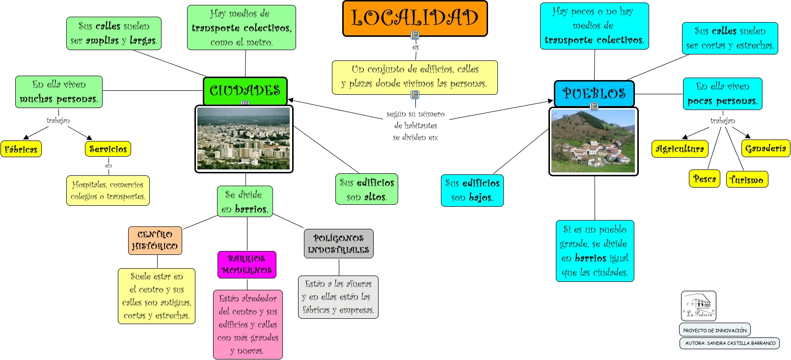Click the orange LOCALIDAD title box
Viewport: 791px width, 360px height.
point(415,18)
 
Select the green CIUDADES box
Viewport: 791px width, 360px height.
point(245,90)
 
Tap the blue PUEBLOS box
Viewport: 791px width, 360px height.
point(594,93)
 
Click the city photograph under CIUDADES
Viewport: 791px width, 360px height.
point(244,139)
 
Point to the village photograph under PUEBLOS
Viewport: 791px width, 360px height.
point(593,141)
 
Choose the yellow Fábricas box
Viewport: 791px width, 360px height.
point(21,149)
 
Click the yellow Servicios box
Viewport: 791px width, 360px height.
point(108,149)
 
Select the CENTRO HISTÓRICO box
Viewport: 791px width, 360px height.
point(155,241)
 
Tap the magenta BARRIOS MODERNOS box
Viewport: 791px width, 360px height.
point(247,265)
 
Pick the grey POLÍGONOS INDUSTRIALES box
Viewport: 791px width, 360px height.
point(339,244)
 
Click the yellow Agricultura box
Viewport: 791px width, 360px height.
point(680,149)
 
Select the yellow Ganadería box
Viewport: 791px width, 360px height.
point(765,148)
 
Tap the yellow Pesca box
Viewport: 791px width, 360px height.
point(705,179)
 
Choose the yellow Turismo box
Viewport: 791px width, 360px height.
point(747,180)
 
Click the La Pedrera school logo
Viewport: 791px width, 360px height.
point(698,306)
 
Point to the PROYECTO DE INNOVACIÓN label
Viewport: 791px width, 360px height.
point(715,330)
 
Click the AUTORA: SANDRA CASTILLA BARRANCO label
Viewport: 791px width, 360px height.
point(730,343)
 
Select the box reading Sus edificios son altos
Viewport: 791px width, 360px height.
point(367,190)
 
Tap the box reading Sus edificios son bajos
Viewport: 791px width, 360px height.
point(472,191)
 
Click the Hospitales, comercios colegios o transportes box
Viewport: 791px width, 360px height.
point(108,191)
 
